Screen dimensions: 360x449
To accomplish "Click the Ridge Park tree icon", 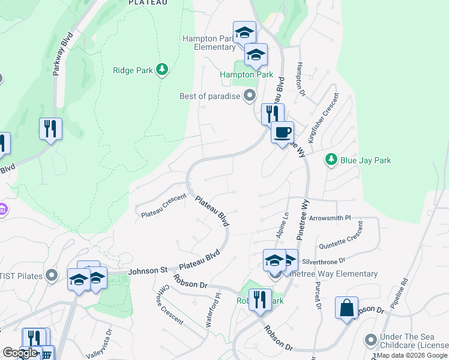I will point(161,70).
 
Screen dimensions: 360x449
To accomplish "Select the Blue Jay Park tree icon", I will point(330,160).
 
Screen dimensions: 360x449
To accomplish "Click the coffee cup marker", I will point(282,132).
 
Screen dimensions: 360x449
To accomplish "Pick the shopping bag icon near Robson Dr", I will point(346,308).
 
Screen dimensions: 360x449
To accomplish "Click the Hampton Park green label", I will point(246,75).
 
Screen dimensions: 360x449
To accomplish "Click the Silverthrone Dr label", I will point(324,262).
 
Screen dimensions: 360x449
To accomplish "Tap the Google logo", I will point(20,353).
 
